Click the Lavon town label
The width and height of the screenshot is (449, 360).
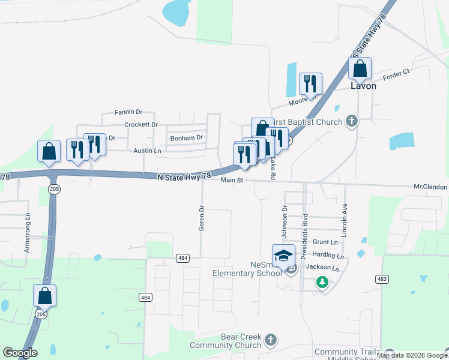click(x=363, y=86)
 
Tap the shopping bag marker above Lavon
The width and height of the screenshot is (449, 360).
click(x=360, y=69)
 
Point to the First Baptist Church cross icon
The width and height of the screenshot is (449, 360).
click(x=352, y=122)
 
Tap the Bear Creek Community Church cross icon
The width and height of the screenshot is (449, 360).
click(x=271, y=341)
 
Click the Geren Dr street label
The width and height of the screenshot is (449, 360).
click(x=202, y=219)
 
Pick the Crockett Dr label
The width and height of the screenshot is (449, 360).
click(x=140, y=125)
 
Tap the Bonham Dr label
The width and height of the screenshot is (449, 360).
click(x=187, y=137)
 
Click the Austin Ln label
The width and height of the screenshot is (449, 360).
click(x=147, y=151)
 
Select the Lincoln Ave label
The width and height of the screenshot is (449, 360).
click(x=345, y=220)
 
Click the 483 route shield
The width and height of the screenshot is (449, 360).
click(x=382, y=279)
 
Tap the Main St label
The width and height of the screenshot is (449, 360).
click(x=231, y=180)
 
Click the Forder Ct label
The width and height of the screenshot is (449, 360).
click(x=397, y=72)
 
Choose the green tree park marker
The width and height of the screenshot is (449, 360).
click(x=322, y=281)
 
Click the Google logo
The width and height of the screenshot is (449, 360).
click(x=20, y=353)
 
